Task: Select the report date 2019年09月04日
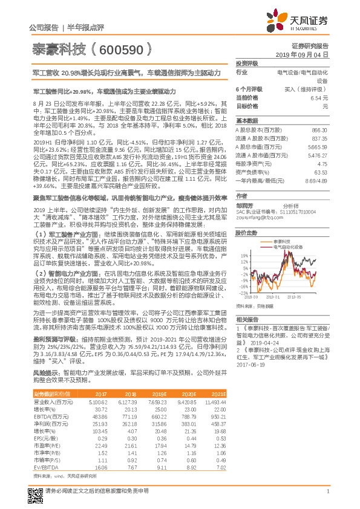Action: pos(306,54)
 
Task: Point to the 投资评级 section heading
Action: pos(246,63)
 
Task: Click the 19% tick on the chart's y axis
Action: pos(244,254)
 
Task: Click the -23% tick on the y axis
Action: pos(243,293)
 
